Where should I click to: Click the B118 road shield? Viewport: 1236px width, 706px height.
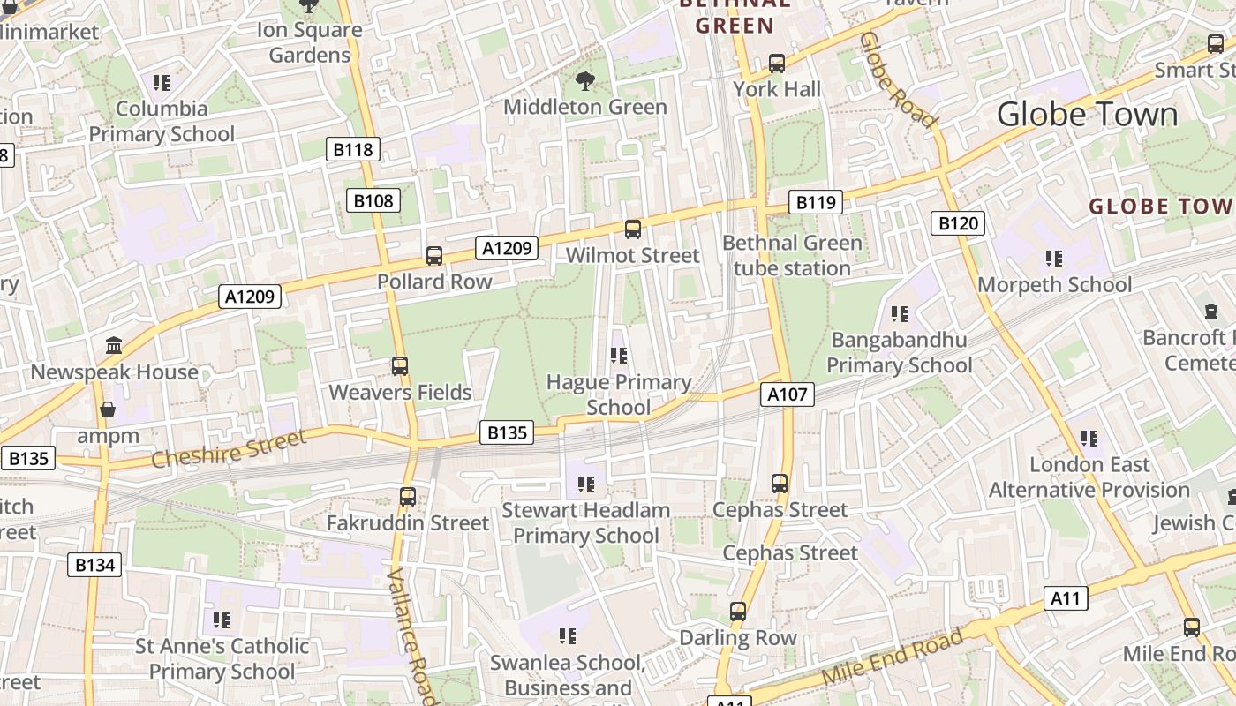[353, 149]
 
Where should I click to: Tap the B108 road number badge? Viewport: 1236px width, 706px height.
[373, 200]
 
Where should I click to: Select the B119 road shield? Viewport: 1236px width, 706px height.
[815, 202]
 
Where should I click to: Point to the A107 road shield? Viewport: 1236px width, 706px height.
[787, 394]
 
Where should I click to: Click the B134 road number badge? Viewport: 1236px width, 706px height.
[94, 565]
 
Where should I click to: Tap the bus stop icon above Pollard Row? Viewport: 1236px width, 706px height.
[434, 256]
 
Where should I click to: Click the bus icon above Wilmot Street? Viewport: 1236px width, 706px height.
[632, 229]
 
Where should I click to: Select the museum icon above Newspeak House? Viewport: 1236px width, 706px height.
[113, 346]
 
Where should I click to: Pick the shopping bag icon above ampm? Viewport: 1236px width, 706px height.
[108, 409]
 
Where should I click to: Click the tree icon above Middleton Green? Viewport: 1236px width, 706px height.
[584, 82]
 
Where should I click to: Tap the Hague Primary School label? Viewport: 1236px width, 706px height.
[618, 394]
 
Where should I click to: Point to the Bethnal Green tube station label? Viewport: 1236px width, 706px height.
[792, 255]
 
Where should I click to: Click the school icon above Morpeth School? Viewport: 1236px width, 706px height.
[1053, 259]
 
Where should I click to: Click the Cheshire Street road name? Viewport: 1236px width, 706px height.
[229, 448]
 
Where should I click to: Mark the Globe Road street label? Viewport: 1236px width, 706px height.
[898, 79]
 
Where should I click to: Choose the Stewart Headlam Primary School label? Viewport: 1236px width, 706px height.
[586, 522]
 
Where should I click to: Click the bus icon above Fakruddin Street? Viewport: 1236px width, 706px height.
[407, 497]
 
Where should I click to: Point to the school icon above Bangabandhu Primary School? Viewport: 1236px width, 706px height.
[900, 314]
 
